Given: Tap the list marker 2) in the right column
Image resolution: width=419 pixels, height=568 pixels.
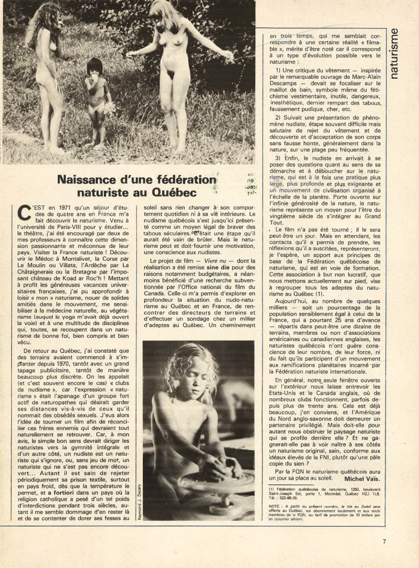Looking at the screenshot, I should pyautogui.click(x=279, y=132).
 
